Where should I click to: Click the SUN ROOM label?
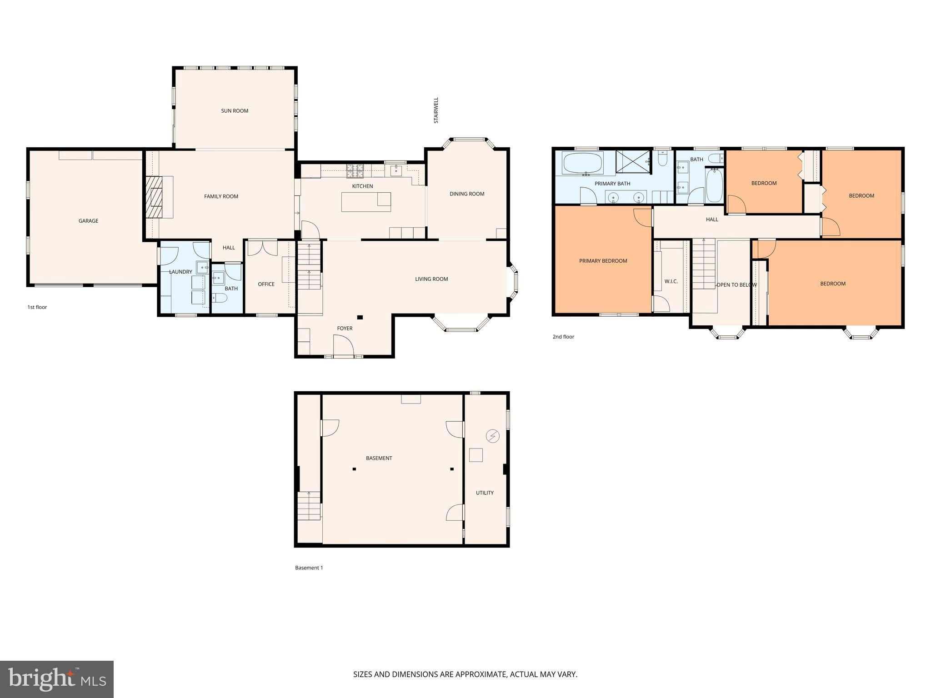pyautogui.click(x=235, y=111)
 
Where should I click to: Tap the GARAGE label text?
pyautogui.click(x=88, y=221)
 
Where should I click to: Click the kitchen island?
pyautogui.click(x=366, y=202)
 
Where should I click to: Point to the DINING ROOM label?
pyautogui.click(x=467, y=194)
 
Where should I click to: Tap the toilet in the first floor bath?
pyautogui.click(x=221, y=298)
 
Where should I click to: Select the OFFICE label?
pyautogui.click(x=266, y=284)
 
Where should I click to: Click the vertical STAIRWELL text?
pyautogui.click(x=436, y=110)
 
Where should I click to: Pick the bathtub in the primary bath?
pyautogui.click(x=583, y=163)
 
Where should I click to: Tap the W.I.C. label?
pyautogui.click(x=671, y=282)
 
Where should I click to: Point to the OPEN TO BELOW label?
pyautogui.click(x=736, y=285)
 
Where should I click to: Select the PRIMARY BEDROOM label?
pyautogui.click(x=603, y=261)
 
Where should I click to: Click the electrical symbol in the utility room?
pyautogui.click(x=493, y=436)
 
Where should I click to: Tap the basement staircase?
pyautogui.click(x=309, y=505)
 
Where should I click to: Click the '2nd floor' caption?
pyautogui.click(x=563, y=337)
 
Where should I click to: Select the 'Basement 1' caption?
pyautogui.click(x=309, y=568)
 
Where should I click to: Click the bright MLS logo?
pyautogui.click(x=57, y=679)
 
